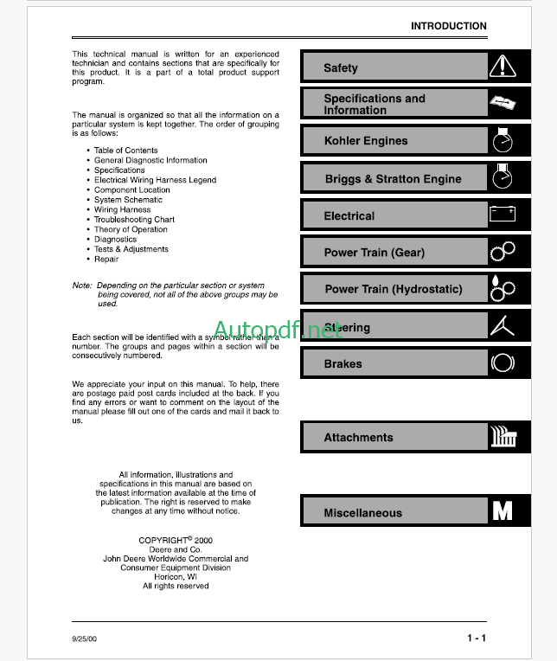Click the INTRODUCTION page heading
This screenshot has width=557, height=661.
point(448,26)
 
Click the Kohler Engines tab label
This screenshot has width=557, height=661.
point(365,141)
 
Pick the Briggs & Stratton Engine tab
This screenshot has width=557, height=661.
point(393,179)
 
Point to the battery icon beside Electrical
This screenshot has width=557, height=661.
point(503,214)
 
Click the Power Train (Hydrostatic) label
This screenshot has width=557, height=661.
point(393,289)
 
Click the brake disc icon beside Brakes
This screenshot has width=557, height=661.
point(503,363)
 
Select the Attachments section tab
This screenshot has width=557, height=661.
point(358,438)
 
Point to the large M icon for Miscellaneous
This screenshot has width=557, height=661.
point(503,510)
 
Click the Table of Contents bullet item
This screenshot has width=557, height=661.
point(125,151)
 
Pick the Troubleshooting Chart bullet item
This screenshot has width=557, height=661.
point(134,220)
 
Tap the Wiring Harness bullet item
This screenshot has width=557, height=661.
point(122,209)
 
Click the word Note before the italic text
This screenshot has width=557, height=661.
point(81,286)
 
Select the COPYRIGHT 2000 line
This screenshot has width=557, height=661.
point(176,540)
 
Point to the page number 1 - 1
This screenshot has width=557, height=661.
point(476,639)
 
